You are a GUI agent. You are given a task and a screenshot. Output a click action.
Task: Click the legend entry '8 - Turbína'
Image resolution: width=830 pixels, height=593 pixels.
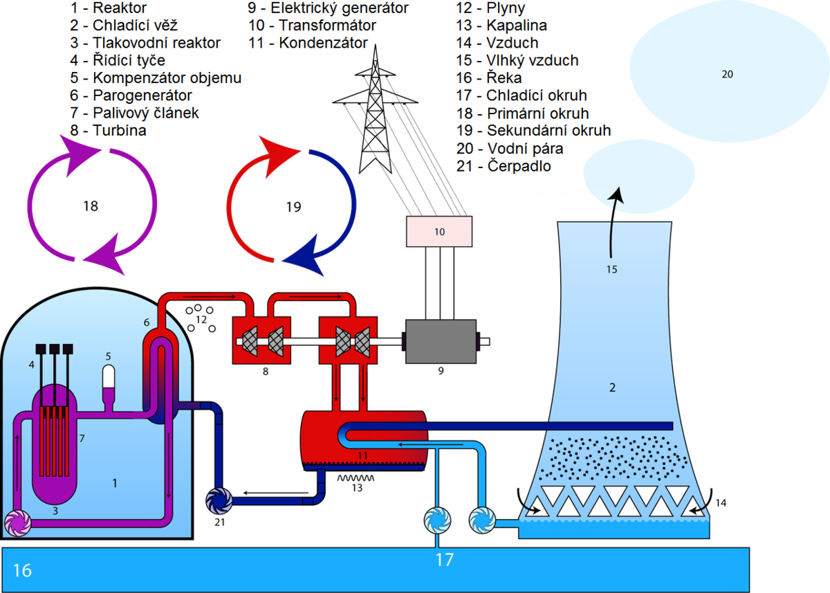[x=109, y=130]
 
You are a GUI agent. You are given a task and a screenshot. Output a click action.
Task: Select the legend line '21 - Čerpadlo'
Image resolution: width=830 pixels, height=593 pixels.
[x=504, y=166]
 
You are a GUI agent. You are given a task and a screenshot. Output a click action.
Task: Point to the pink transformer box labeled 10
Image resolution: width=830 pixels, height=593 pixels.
[x=439, y=231]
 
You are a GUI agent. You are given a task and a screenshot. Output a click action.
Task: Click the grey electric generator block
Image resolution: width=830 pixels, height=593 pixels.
[x=441, y=340]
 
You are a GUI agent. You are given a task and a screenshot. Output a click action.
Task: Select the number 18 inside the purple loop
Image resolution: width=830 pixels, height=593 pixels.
[x=91, y=206]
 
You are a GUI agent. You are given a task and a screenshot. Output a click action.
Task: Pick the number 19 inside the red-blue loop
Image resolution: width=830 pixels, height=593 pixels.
[x=293, y=206]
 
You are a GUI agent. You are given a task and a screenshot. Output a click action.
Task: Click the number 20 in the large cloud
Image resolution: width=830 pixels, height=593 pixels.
[x=727, y=74]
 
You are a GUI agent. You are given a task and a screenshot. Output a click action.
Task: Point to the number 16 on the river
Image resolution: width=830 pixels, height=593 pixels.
[x=23, y=570]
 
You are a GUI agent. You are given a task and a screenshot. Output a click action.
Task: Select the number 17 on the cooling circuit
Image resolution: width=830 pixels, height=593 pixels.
[x=444, y=559]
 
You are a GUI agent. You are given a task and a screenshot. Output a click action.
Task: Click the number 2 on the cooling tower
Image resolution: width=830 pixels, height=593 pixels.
[x=611, y=387]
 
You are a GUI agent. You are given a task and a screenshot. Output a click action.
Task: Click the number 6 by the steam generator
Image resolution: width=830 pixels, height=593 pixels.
[x=147, y=322]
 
